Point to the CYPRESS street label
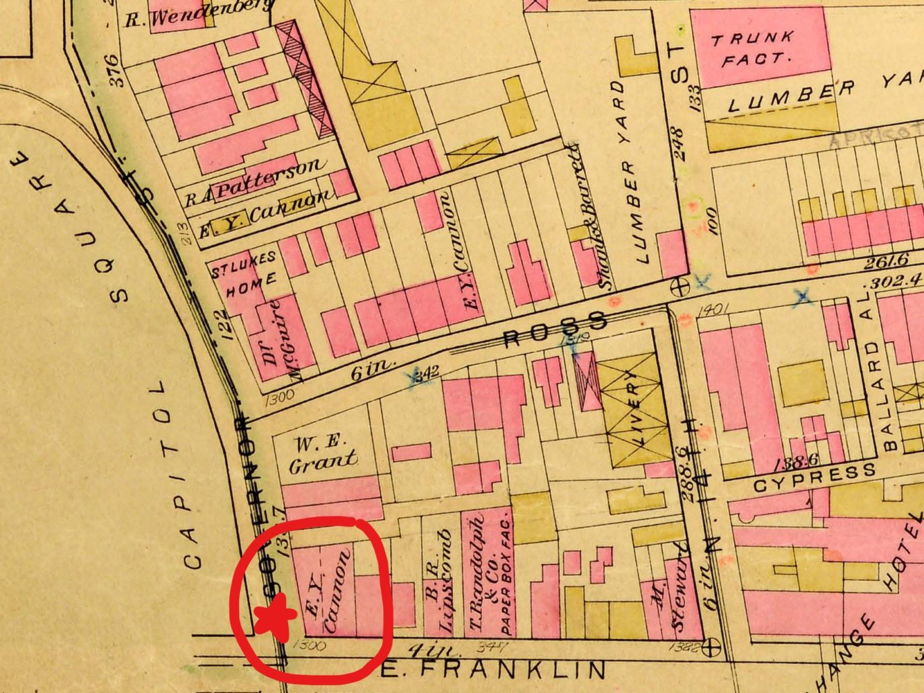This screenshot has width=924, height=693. click(x=814, y=477)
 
